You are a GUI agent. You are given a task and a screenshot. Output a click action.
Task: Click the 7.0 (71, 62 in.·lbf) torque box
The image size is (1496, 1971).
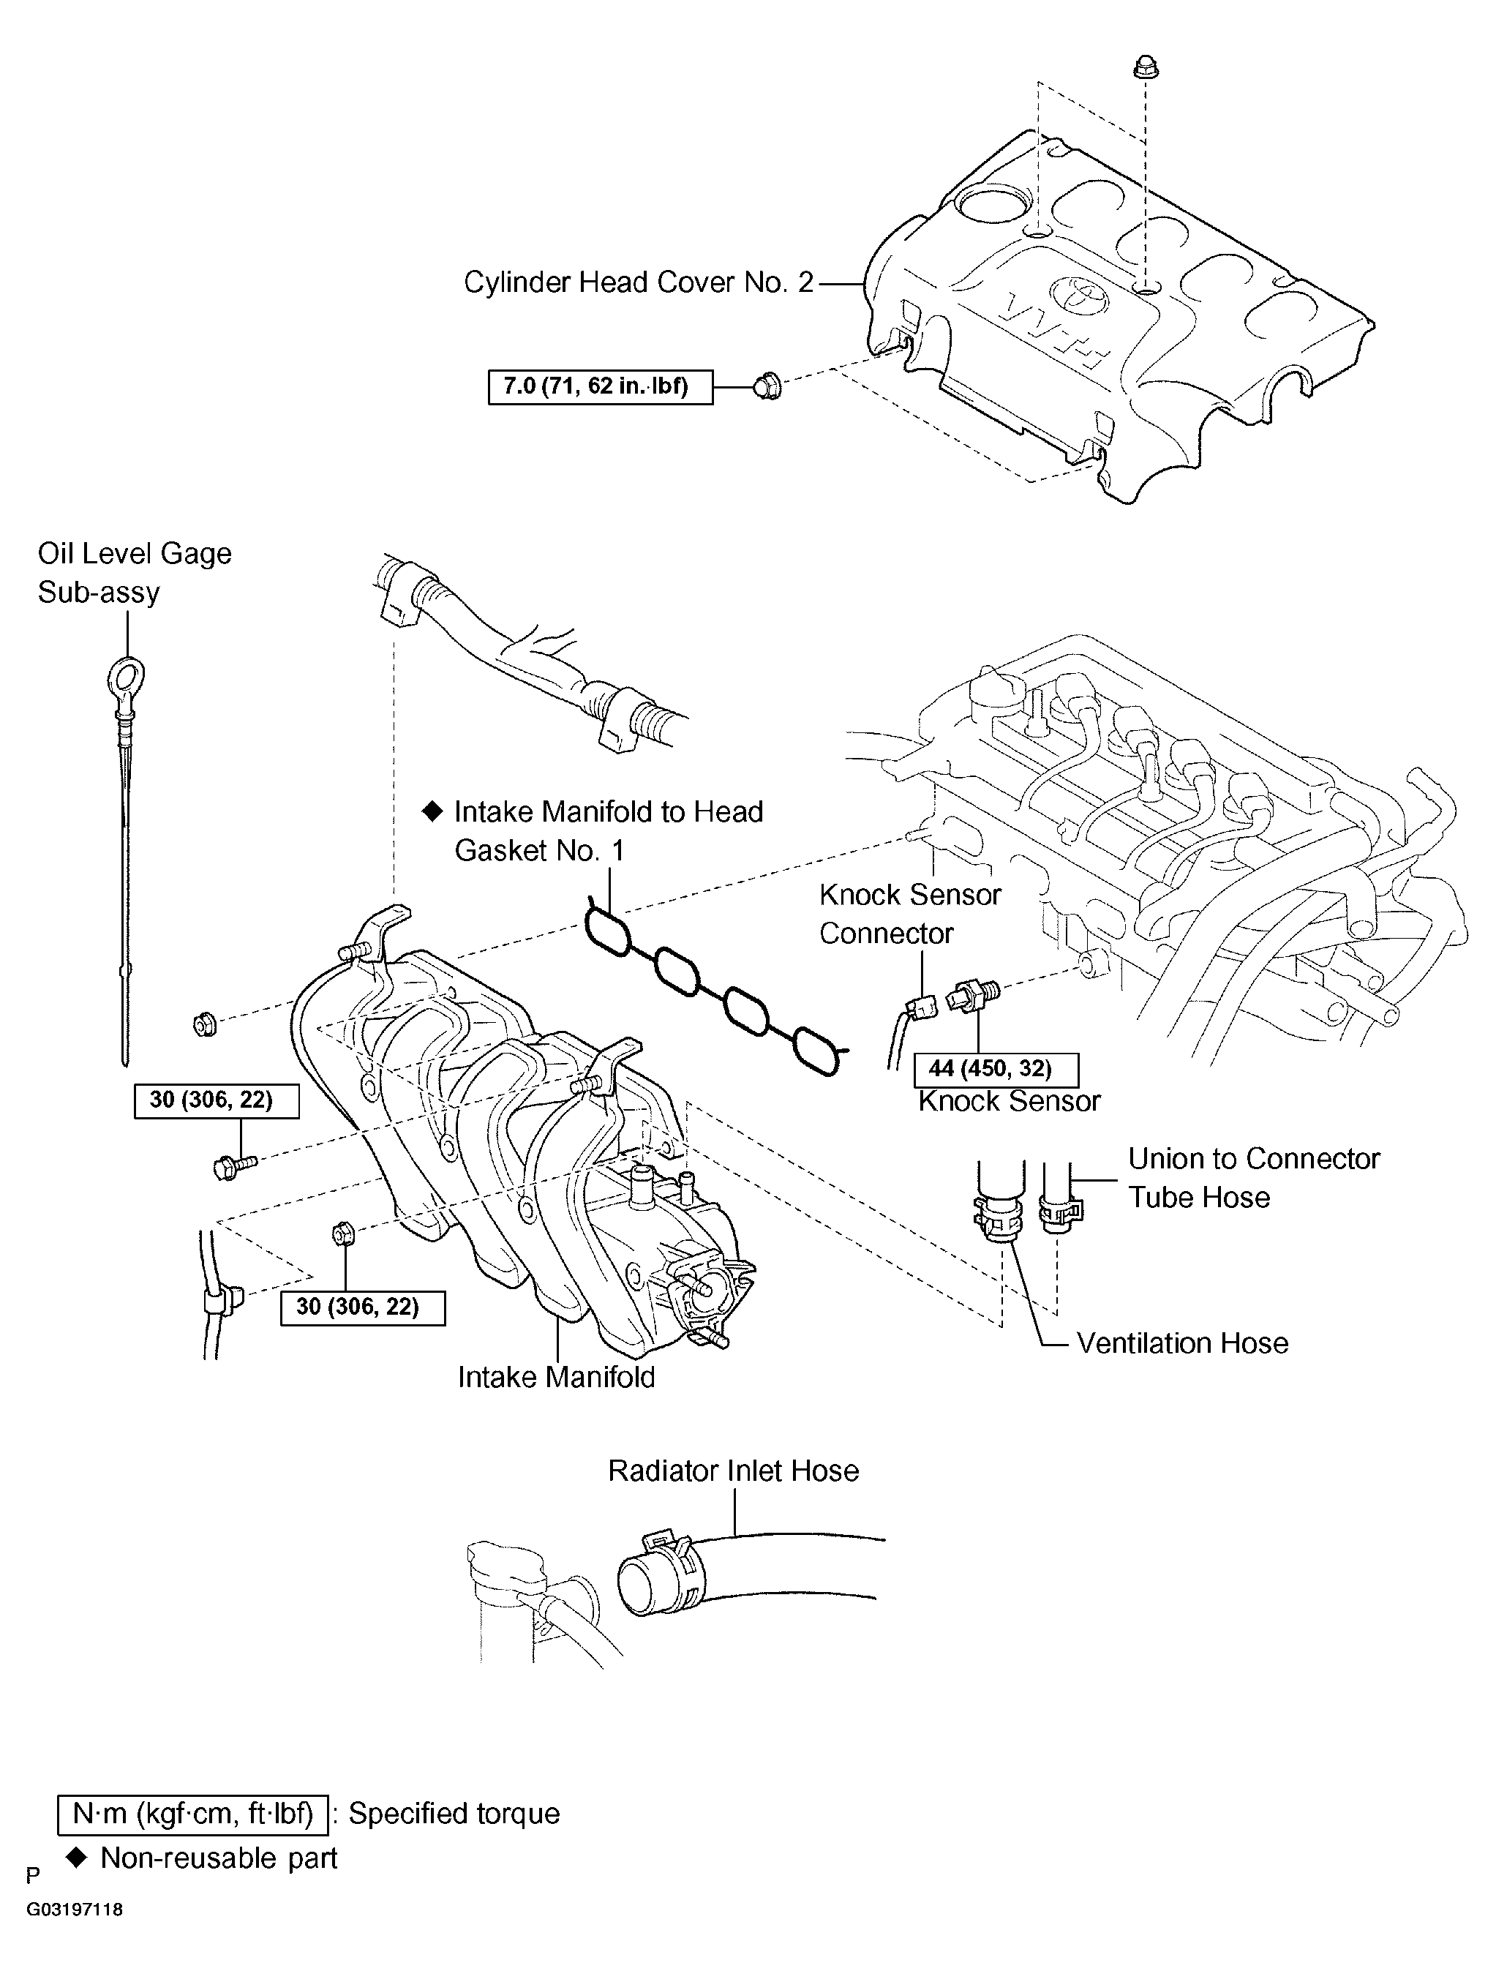click(600, 387)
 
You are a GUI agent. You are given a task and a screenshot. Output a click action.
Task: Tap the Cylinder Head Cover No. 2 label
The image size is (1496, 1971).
click(639, 282)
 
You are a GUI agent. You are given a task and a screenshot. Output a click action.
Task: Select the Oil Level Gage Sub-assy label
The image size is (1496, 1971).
click(134, 573)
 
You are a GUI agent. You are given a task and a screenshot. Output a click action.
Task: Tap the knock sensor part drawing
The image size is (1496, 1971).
click(974, 994)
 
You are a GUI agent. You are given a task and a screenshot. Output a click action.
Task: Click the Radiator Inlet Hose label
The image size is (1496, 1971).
click(733, 1471)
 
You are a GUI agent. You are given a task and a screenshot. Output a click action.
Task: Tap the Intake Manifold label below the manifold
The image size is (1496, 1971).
click(556, 1377)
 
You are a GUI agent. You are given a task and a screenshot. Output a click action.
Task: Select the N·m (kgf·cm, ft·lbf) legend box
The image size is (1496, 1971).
click(192, 1814)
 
